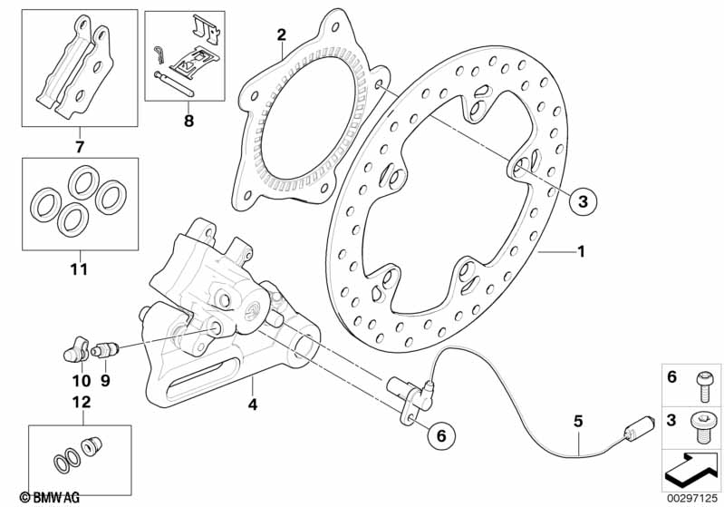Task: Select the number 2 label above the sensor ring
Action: pos(282,35)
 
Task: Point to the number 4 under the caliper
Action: pos(253,405)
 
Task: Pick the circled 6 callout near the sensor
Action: pos(441,435)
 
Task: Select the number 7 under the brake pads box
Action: pos(79,146)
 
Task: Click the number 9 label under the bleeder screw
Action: pos(104,381)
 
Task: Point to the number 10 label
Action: pos(80,381)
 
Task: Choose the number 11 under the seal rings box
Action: pos(79,269)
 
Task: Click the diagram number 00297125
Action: pos(693,498)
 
